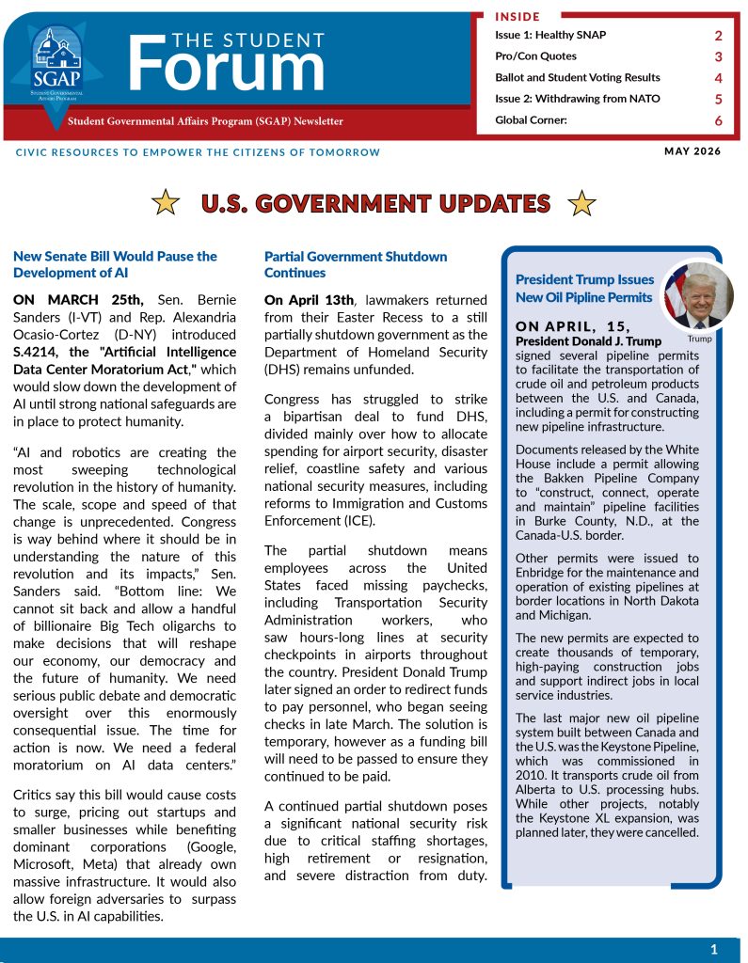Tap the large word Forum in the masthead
click(226, 66)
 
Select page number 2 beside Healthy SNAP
click(718, 36)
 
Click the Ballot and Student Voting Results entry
click(577, 77)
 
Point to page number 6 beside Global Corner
click(718, 120)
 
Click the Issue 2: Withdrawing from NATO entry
click(577, 99)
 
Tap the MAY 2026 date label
click(692, 151)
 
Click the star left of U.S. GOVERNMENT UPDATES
click(167, 202)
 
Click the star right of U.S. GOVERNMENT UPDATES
click(582, 202)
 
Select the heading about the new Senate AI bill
click(115, 264)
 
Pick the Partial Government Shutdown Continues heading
click(356, 264)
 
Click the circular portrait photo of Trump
click(698, 295)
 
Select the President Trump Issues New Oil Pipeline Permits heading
click(584, 289)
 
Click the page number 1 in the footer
click(713, 949)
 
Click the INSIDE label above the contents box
click(518, 16)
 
